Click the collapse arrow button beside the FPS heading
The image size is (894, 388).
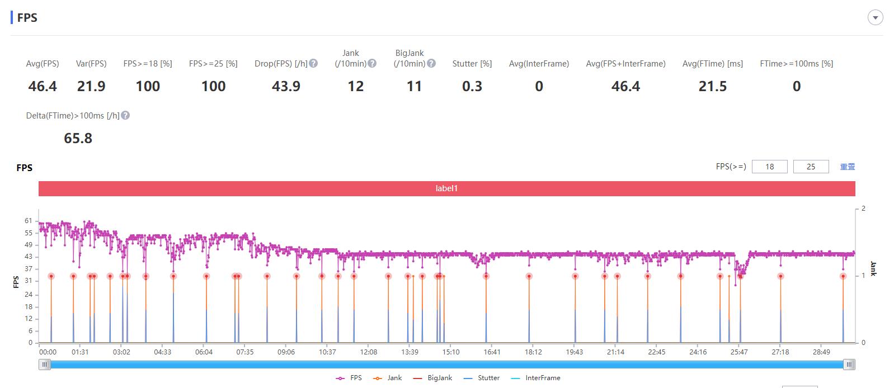[x=875, y=18]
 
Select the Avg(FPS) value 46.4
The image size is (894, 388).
[x=43, y=86]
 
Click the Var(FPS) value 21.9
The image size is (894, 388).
[x=91, y=86]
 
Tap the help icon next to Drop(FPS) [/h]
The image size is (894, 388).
[x=313, y=63]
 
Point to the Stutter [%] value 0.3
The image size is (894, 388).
[x=472, y=86]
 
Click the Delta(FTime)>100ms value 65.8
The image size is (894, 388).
[x=78, y=138]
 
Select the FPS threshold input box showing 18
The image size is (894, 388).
[x=769, y=167]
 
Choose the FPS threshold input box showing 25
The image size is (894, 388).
[x=811, y=167]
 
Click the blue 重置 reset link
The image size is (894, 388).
[x=848, y=167]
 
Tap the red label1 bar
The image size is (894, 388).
[x=446, y=188]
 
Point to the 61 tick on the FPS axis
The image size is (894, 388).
[x=29, y=221]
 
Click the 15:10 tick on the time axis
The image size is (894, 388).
[x=451, y=352]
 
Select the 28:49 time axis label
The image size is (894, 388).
[x=821, y=352]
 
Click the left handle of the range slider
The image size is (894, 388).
[x=45, y=365]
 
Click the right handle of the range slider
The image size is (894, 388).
[x=849, y=365]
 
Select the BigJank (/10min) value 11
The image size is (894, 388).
[x=414, y=86]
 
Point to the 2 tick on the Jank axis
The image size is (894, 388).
[x=863, y=209]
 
